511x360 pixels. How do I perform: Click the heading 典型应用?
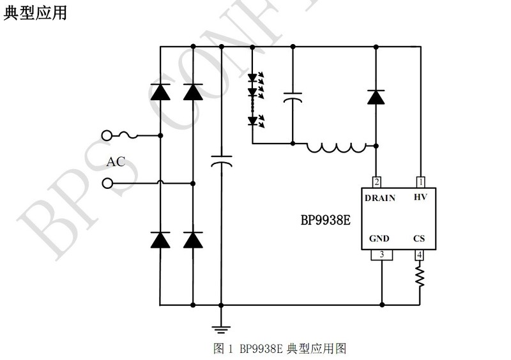(35, 12)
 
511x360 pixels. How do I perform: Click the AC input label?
(116, 161)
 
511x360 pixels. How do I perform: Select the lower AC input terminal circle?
(107, 184)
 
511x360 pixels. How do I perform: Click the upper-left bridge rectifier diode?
(160, 93)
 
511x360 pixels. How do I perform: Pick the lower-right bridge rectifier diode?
(192, 240)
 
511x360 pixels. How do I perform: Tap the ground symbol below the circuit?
(220, 329)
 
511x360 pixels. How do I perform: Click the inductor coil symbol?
(336, 147)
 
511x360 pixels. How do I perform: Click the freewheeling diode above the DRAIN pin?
(375, 97)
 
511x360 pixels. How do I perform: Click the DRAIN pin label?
(380, 198)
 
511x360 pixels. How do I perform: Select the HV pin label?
(420, 198)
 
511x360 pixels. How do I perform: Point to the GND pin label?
(379, 239)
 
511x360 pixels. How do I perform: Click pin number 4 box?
(420, 255)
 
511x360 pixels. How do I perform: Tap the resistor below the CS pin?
(420, 276)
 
